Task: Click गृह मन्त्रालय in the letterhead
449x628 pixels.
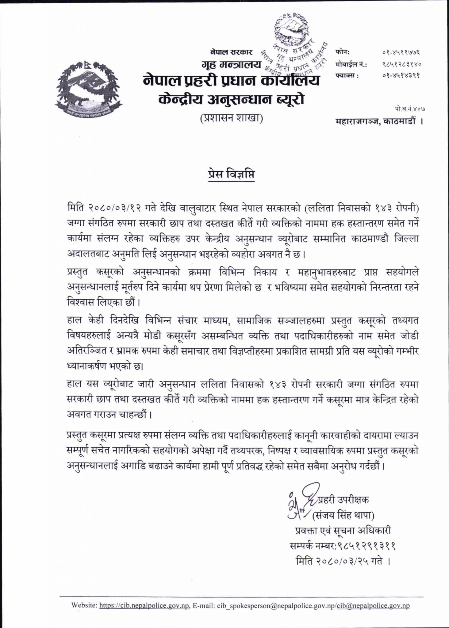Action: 231,65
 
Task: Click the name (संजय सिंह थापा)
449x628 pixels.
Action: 343,516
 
